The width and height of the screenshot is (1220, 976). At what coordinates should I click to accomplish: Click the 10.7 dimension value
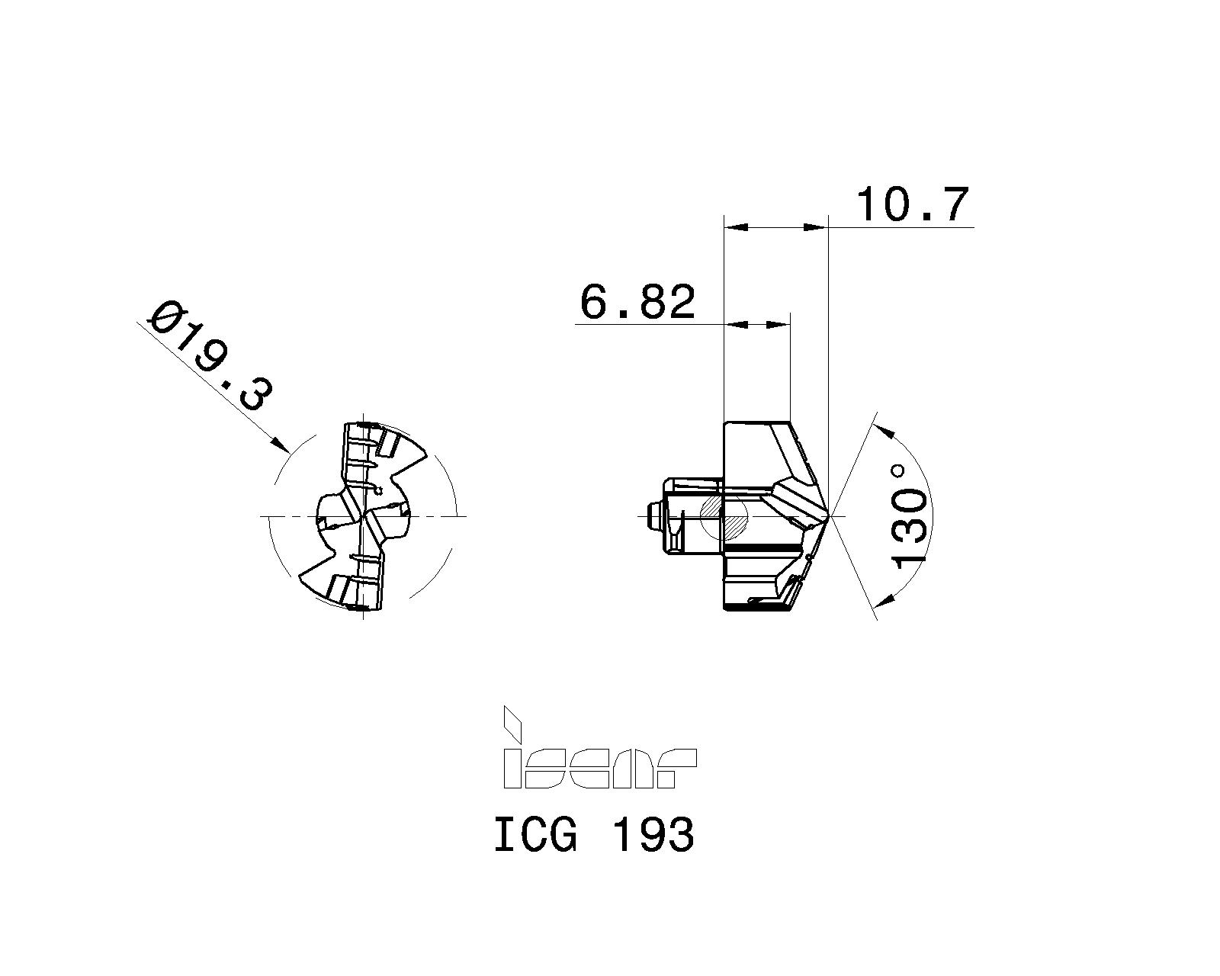point(913,204)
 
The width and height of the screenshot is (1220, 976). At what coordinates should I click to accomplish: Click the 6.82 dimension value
point(638,302)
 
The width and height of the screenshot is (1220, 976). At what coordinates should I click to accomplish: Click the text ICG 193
point(594,834)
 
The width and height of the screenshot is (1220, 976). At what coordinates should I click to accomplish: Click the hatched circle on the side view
point(724,516)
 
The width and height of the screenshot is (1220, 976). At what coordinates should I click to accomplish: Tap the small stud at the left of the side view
point(653,516)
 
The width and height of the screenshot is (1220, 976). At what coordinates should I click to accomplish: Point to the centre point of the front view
point(363,516)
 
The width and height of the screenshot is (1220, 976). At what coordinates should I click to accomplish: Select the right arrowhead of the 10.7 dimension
point(817,226)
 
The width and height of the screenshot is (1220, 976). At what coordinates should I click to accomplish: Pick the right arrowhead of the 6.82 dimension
point(781,325)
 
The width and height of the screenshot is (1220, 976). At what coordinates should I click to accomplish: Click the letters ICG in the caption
point(536,834)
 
